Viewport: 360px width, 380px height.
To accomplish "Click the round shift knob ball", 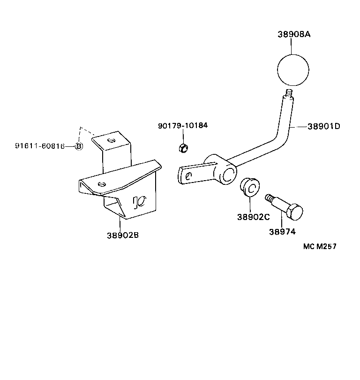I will click(293, 71).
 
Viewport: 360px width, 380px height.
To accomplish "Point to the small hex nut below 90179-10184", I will click(183, 148).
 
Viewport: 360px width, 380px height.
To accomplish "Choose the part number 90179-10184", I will click(183, 126).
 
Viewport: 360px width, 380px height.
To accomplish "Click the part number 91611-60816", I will click(39, 146).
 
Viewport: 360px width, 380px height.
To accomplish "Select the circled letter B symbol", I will click(79, 146).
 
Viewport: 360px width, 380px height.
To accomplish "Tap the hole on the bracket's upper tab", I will click(111, 139).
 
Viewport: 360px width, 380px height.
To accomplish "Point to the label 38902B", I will click(123, 235).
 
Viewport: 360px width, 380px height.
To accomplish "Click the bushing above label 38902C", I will click(249, 188).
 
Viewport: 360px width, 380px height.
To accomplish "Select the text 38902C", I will click(253, 217).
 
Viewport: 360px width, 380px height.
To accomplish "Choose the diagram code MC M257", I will click(320, 246).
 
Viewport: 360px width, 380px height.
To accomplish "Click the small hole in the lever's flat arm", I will click(188, 176).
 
